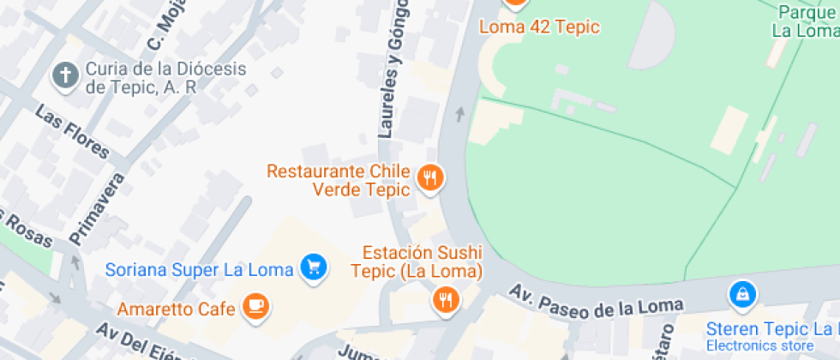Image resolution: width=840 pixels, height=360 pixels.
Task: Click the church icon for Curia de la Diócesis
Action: [64, 76]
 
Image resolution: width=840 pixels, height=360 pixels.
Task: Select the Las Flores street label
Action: [73, 132]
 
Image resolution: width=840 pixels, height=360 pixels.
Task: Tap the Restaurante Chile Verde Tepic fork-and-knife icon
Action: [429, 178]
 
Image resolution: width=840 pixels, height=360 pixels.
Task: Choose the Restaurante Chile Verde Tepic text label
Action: [338, 180]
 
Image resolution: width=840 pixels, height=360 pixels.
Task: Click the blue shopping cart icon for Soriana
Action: [314, 267]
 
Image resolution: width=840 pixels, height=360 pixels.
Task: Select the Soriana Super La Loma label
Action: [200, 269]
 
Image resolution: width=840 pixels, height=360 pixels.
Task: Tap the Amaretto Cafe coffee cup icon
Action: [255, 306]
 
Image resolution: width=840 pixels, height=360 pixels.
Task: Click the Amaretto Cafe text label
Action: [176, 309]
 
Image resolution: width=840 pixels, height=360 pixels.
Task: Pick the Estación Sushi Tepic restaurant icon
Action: [445, 299]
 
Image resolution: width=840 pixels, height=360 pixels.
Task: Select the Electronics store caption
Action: [760, 345]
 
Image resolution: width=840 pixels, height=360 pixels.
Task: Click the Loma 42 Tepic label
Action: [539, 27]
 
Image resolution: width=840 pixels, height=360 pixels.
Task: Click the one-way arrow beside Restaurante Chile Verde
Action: [459, 114]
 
